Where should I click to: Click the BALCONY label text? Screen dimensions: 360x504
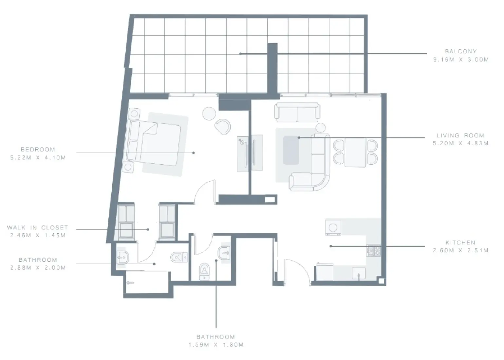coord(460,51)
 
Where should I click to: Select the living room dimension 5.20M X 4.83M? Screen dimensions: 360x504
coord(460,143)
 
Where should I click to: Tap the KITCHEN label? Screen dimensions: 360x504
coord(460,243)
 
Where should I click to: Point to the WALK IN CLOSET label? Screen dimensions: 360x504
coord(38,227)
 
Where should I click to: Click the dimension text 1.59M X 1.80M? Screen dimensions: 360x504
coord(216,345)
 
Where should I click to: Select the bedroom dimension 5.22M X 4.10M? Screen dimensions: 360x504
coord(38,157)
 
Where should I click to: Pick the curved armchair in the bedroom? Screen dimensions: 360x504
coord(223,126)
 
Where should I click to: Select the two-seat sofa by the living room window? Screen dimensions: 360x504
coord(297,111)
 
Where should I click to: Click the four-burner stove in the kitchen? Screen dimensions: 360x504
coord(373,251)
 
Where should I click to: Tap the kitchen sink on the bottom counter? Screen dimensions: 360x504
coord(359,273)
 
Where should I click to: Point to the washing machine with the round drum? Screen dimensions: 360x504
coord(333,227)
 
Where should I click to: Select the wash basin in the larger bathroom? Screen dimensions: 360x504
coord(122,258)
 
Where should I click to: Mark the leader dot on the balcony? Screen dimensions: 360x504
coord(240,54)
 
